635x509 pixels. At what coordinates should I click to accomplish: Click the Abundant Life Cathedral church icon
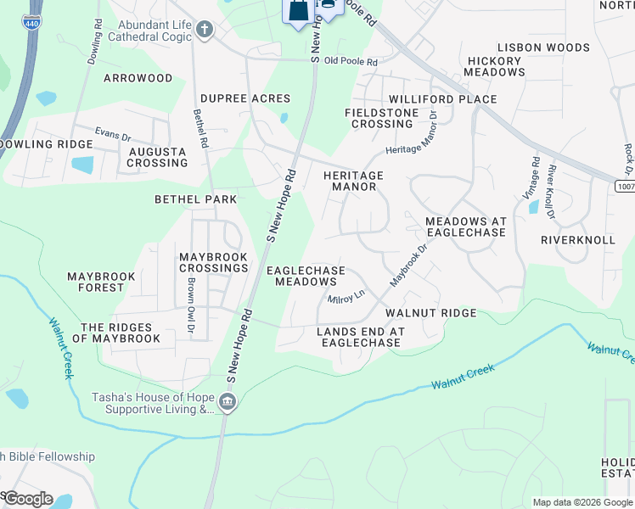(x=204, y=31)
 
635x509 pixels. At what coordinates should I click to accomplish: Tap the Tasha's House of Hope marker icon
(x=227, y=401)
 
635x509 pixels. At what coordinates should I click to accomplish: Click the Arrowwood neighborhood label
(x=138, y=78)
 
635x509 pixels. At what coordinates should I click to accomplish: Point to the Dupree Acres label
(x=245, y=98)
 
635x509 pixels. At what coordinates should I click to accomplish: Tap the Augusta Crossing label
(x=156, y=157)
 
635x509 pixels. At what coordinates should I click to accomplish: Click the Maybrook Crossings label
(x=213, y=262)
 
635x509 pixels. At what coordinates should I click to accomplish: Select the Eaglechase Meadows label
(x=306, y=276)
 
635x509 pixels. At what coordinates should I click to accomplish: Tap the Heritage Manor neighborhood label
(x=353, y=181)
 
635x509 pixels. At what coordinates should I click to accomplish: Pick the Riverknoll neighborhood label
(x=577, y=240)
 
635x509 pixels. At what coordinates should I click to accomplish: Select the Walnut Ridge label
(x=430, y=313)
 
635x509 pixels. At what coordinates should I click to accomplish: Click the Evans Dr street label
(x=113, y=135)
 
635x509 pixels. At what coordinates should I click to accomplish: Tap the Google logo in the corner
(x=27, y=499)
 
